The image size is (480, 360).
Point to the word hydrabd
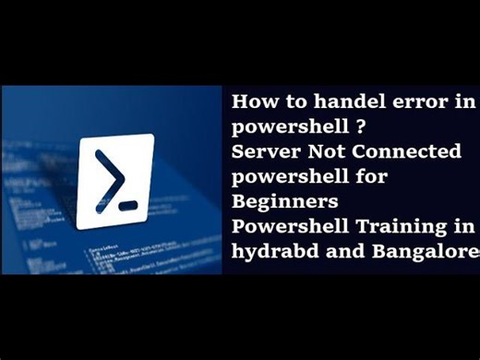269,250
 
